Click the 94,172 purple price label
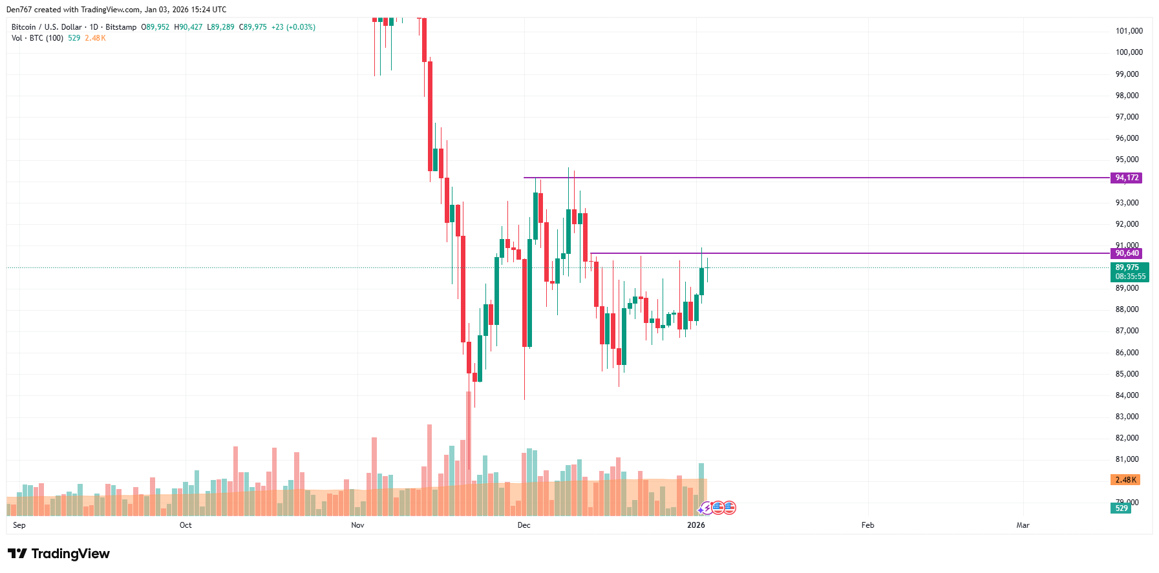coord(1126,178)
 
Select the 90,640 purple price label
coord(1126,253)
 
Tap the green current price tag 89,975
coord(1129,267)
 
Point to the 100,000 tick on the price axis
coord(1129,52)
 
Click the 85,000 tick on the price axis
coord(1127,374)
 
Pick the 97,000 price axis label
coord(1127,117)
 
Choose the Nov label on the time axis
coord(357,525)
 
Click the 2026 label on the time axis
coord(696,525)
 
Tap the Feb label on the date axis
coord(867,525)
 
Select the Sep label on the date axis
coord(19,525)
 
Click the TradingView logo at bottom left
coord(59,554)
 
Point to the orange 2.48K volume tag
coord(1125,480)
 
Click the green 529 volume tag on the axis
coord(1122,508)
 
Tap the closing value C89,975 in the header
coord(253,27)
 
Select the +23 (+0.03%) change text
coord(293,27)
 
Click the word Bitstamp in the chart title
coord(121,27)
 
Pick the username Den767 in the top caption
coord(19,10)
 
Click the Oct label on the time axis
coord(186,525)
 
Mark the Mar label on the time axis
coord(1023,525)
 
